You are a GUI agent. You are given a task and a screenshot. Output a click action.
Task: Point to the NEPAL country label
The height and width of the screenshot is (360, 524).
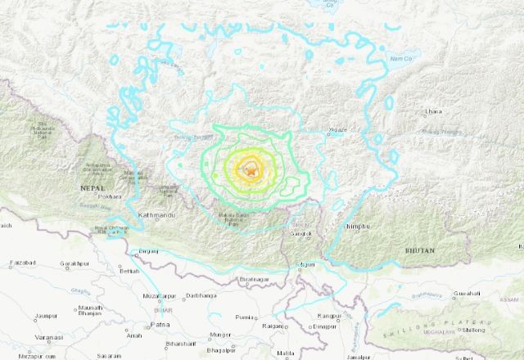pos(92,187)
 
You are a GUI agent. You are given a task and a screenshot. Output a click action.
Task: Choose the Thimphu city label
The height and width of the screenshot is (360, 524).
pos(357,227)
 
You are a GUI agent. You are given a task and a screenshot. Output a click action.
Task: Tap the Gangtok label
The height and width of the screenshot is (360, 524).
pos(301,235)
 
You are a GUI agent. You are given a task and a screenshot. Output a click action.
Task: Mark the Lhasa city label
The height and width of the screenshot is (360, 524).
pos(433,110)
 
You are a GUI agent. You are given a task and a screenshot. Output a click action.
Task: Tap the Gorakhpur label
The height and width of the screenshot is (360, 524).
pos(72,264)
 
